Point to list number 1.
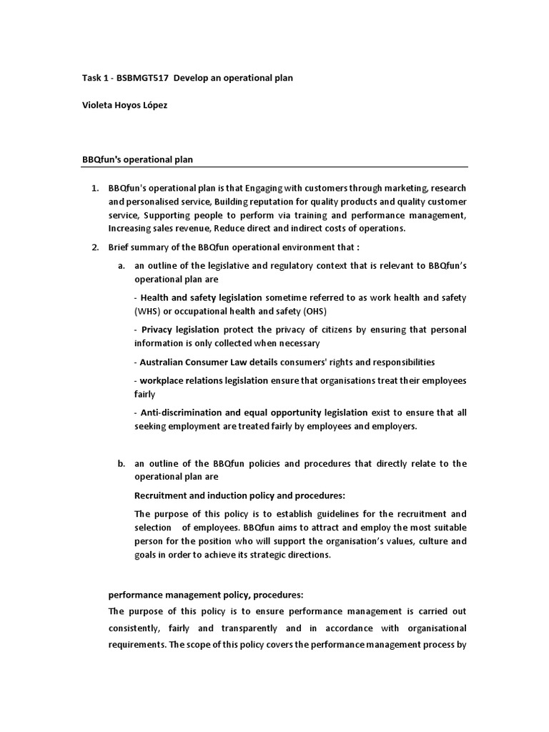click(x=94, y=188)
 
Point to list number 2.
click(x=94, y=247)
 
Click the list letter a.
click(x=122, y=265)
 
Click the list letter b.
click(x=122, y=463)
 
